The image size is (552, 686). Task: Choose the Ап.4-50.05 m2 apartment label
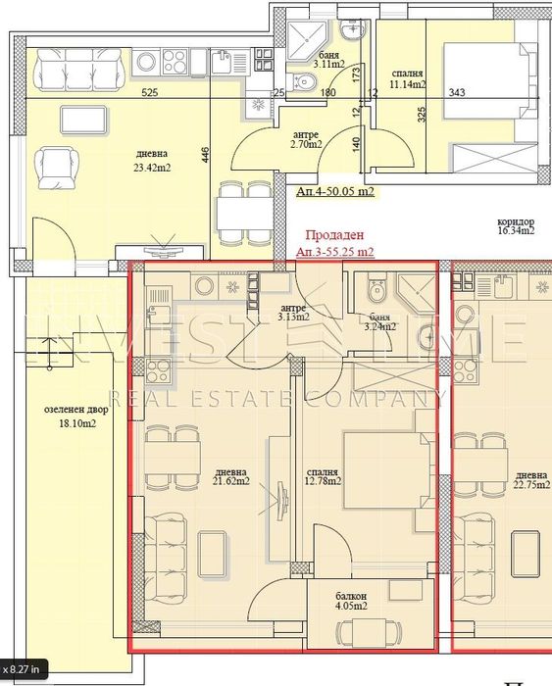click(x=334, y=193)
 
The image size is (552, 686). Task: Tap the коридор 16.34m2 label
click(x=514, y=225)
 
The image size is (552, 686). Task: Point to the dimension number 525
click(x=123, y=93)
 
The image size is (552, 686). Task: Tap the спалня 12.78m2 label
click(x=322, y=475)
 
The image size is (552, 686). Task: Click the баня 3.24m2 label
click(x=376, y=322)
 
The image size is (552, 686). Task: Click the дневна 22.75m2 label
click(x=530, y=474)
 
